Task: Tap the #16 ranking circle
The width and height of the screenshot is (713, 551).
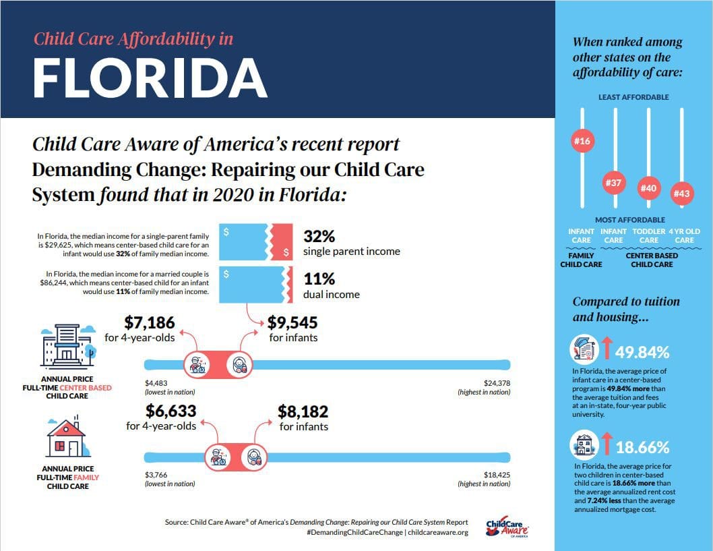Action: pyautogui.click(x=581, y=141)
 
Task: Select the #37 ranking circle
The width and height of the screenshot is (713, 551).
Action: pyautogui.click(x=614, y=182)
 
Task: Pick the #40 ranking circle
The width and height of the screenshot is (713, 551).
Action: pyautogui.click(x=648, y=188)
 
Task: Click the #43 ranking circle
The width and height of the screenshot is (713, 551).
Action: pyautogui.click(x=681, y=194)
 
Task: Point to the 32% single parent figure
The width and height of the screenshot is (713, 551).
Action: pyautogui.click(x=319, y=237)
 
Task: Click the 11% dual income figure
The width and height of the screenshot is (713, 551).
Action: pyautogui.click(x=319, y=279)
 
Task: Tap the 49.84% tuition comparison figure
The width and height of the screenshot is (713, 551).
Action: pyautogui.click(x=642, y=352)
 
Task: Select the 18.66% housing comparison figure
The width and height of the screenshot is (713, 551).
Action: pyautogui.click(x=642, y=447)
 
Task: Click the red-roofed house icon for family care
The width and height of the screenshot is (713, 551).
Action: pyautogui.click(x=65, y=437)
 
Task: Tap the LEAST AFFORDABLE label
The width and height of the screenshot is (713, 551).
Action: pyautogui.click(x=633, y=97)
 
